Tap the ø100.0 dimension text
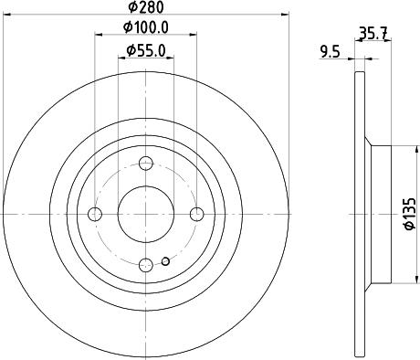(x=145, y=29)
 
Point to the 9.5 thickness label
(x=331, y=52)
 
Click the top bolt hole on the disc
(x=146, y=164)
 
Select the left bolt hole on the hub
(x=95, y=214)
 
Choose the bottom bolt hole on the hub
(x=146, y=265)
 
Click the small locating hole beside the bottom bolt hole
(x=165, y=262)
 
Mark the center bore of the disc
(x=146, y=214)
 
